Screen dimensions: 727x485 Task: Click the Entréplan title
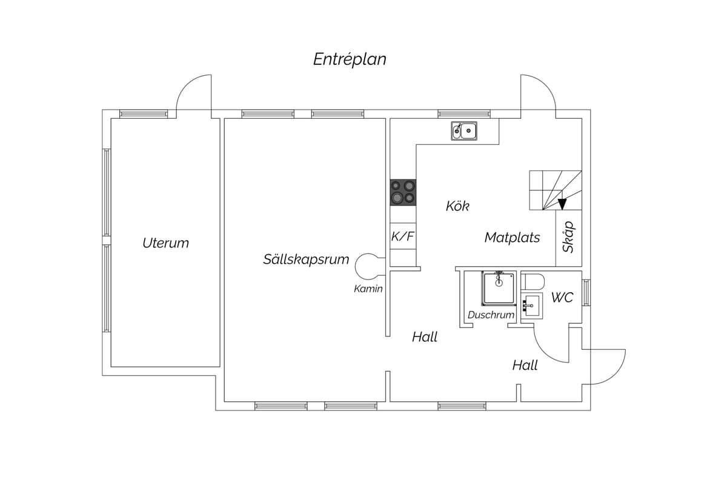(350, 59)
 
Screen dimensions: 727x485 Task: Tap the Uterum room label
(165, 243)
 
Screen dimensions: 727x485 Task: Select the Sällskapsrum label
(306, 259)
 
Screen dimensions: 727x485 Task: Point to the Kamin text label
(368, 289)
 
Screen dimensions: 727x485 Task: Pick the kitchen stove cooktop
(403, 192)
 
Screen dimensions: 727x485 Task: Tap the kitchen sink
(464, 131)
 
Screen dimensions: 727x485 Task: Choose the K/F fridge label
(402, 236)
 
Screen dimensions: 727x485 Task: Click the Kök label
(457, 206)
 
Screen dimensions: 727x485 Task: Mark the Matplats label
(512, 238)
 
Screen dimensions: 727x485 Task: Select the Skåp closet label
(569, 237)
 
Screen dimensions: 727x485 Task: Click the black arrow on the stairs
(562, 204)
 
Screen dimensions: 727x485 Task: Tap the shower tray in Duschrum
(499, 289)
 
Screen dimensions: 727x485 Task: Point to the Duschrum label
(491, 315)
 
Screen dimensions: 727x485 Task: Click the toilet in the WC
(533, 282)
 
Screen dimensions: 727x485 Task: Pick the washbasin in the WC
(532, 306)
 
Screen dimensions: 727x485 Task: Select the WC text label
(562, 297)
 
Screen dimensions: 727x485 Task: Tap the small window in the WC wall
(586, 293)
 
